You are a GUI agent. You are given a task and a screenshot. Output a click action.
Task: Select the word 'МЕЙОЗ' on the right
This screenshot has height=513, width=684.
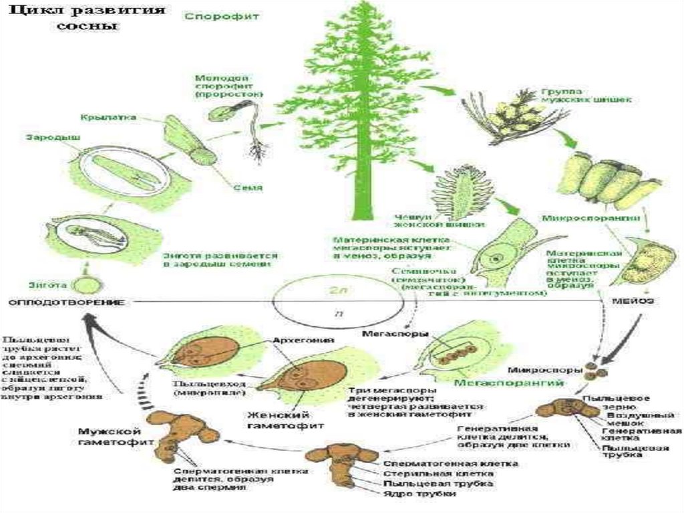[x=632, y=302]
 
